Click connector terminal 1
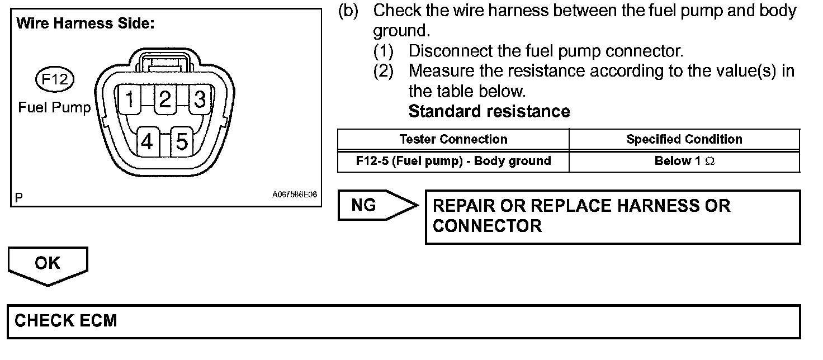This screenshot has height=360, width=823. (130, 100)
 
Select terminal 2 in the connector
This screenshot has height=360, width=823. (164, 100)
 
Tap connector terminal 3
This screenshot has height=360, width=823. (200, 100)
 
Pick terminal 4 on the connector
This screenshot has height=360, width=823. (147, 143)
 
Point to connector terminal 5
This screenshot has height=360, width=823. (182, 143)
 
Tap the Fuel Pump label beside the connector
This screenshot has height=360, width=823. (54, 107)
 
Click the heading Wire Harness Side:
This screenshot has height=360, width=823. (85, 24)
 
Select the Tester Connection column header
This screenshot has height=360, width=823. (453, 139)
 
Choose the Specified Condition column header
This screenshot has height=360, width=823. (684, 139)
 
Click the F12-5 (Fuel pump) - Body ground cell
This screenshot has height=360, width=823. (453, 161)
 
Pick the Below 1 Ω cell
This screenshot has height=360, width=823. (684, 161)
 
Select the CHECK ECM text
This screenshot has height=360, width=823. (66, 321)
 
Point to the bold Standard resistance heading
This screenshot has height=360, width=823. (489, 111)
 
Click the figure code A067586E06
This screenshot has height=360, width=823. (295, 195)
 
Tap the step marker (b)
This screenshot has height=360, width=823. (348, 11)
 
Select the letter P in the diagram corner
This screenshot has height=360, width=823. (20, 197)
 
